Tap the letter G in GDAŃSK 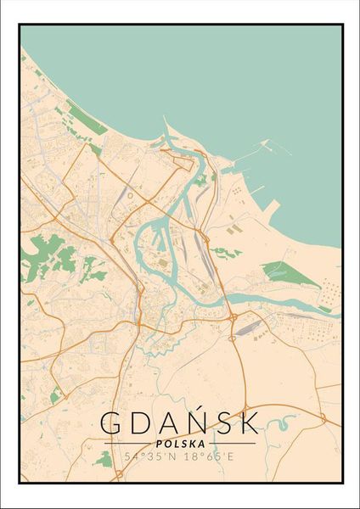coord(112,422)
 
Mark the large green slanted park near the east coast coord(279,272)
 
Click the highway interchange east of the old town coord(232,318)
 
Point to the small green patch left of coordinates coord(104,459)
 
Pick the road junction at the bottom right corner coord(323,417)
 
